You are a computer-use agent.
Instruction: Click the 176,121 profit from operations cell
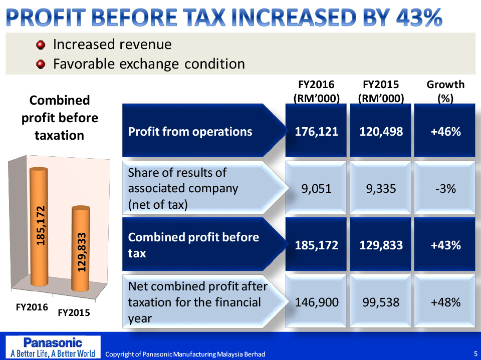(x=317, y=132)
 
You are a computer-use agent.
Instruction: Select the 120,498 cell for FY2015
(x=381, y=132)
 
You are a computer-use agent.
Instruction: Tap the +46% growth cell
(x=445, y=132)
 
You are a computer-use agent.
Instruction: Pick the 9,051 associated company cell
(x=317, y=189)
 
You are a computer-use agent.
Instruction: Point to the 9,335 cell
(x=381, y=189)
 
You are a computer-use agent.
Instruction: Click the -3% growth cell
(x=445, y=189)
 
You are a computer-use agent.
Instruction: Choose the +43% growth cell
(x=445, y=245)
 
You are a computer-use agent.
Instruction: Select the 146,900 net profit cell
(x=317, y=302)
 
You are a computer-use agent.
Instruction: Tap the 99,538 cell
(x=381, y=302)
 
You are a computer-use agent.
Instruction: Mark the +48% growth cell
(x=445, y=302)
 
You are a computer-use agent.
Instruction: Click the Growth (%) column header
(x=445, y=91)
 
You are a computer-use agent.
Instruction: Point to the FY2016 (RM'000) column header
(x=317, y=91)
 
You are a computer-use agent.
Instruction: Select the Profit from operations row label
(x=190, y=132)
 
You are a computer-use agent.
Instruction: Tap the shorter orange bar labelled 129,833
(x=81, y=250)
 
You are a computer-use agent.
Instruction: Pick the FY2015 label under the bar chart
(x=74, y=312)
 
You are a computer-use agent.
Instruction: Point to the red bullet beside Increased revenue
(x=41, y=45)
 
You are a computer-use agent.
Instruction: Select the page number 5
(x=475, y=354)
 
